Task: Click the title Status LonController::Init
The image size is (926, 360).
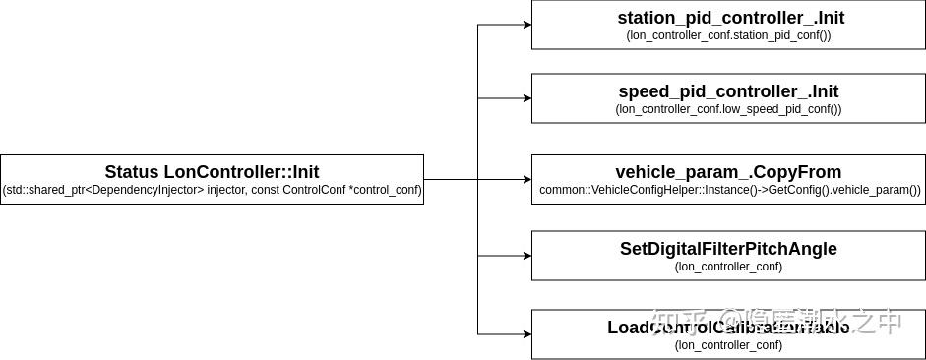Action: (212, 171)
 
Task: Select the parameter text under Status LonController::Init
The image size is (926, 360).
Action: (212, 189)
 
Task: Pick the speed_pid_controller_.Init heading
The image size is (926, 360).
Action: (728, 91)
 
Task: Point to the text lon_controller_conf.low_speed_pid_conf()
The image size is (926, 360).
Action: (728, 109)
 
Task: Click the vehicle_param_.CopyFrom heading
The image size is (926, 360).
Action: (728, 171)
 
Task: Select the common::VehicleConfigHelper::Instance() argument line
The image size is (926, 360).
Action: (729, 189)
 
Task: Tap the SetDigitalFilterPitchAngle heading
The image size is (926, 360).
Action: (728, 249)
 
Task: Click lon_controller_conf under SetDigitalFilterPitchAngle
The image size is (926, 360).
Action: (728, 266)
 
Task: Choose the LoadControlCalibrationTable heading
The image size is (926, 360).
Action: (728, 328)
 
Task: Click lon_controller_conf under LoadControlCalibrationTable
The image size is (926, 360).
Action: (728, 344)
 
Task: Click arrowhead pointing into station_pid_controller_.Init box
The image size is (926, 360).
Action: (525, 25)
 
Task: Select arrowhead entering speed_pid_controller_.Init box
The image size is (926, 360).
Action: (525, 98)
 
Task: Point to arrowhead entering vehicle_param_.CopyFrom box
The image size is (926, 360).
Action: (525, 179)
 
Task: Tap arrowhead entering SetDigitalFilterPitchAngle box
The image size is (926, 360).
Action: (525, 256)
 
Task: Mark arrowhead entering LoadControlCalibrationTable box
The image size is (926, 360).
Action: (525, 334)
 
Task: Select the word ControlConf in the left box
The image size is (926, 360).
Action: (314, 189)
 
